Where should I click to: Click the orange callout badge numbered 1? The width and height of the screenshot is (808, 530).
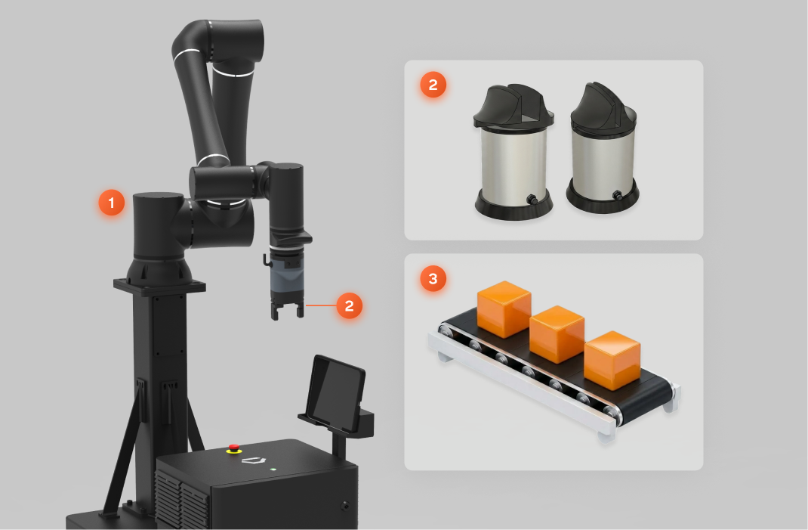point(112,203)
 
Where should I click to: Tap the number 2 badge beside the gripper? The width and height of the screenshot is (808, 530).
point(350,305)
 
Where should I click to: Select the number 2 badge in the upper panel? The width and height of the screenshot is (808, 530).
point(433,85)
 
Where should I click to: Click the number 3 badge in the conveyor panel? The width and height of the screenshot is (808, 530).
point(433,279)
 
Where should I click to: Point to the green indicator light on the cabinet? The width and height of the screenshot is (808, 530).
point(273,470)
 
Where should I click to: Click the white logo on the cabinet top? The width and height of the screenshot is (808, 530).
point(254,460)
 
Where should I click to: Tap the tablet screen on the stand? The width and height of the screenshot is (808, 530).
point(336,393)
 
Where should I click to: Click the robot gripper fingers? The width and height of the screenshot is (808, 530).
point(286,311)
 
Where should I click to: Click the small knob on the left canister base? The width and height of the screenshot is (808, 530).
point(531,199)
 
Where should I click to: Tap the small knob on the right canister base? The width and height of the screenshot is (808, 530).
point(617,195)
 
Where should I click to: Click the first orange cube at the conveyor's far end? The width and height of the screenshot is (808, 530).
point(504,309)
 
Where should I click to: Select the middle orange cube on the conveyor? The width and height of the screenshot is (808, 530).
point(557,334)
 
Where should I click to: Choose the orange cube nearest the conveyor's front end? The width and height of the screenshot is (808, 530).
point(612,360)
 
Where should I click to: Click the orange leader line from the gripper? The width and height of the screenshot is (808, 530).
point(320,305)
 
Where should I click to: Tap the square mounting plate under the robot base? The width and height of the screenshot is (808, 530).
point(159,286)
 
